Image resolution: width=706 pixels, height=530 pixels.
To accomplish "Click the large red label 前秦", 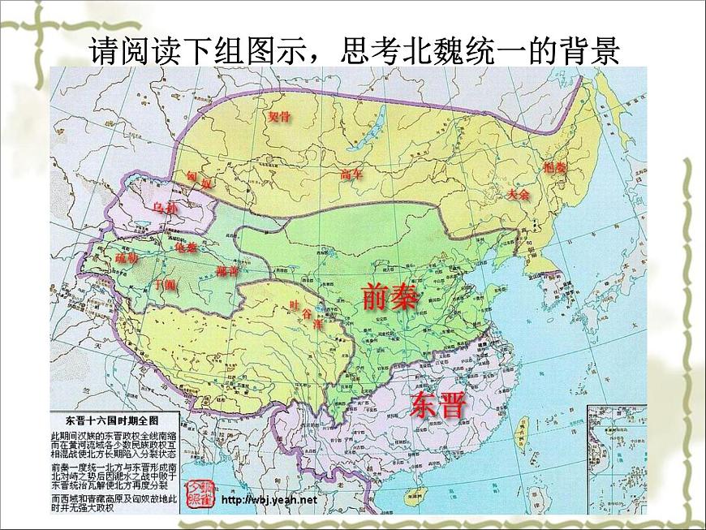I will [390, 298].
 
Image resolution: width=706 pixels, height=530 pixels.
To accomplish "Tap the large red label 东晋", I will [440, 403].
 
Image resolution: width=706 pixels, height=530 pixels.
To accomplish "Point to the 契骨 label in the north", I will [279, 116].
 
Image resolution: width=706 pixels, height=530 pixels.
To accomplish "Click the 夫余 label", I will [518, 195].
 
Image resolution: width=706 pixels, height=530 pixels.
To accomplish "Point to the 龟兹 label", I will [186, 248].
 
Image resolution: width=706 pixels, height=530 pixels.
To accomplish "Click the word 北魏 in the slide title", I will [447, 51].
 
